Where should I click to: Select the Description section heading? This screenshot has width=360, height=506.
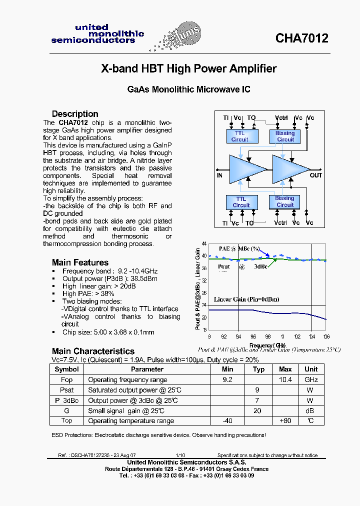(x=75, y=113)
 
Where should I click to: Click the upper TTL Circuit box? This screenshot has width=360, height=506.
(x=240, y=136)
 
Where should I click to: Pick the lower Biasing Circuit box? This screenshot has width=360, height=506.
(x=285, y=201)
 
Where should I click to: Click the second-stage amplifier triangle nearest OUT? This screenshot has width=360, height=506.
(x=289, y=168)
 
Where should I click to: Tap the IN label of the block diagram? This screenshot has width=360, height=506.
(x=219, y=175)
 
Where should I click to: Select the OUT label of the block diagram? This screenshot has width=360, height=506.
(x=316, y=175)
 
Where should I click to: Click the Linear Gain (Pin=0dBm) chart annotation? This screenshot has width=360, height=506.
(x=246, y=299)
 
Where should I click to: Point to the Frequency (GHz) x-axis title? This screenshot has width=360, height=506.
(x=267, y=345)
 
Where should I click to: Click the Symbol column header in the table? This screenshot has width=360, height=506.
(x=66, y=369)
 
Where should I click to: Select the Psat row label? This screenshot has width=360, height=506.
(x=66, y=390)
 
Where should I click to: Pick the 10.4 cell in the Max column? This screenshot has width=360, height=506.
(x=285, y=379)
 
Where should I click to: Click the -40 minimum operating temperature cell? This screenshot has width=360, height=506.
(x=228, y=420)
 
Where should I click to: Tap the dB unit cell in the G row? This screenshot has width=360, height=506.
(x=310, y=410)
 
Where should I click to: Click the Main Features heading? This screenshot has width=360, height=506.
(x=80, y=262)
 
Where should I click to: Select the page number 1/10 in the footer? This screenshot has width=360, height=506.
(x=180, y=455)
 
